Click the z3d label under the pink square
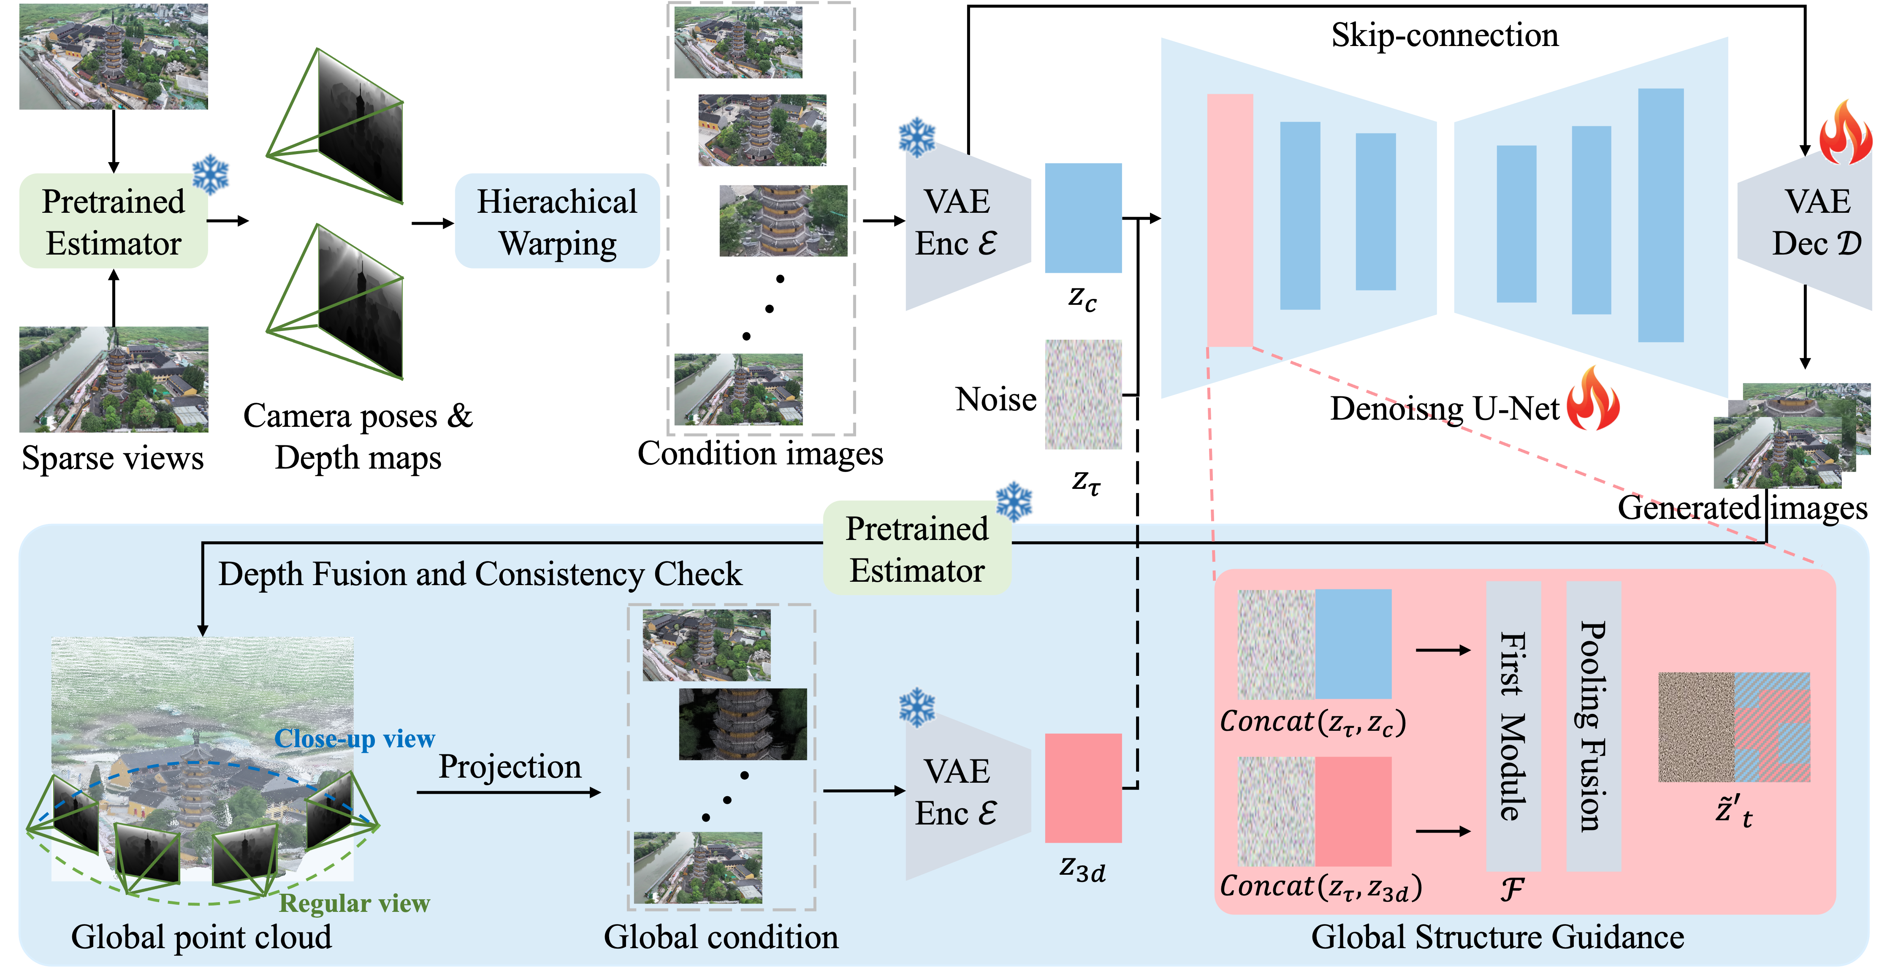tap(1082, 870)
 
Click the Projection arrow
tap(508, 792)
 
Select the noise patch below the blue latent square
tap(1083, 394)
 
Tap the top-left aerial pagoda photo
tap(113, 57)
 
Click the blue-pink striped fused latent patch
tap(1772, 727)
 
